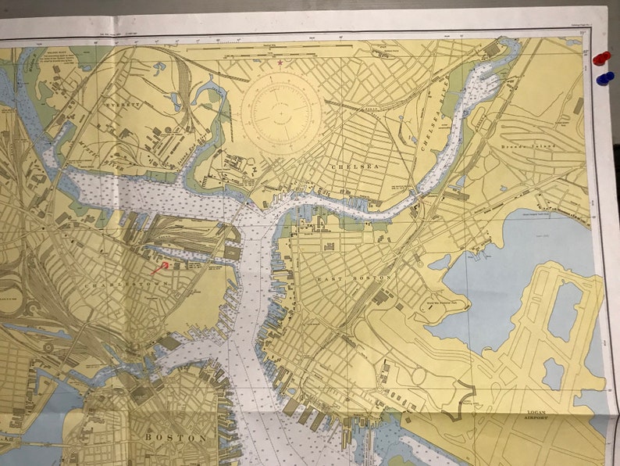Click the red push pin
point(600,59)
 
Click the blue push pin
point(604,78)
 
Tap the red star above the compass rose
point(279,62)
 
